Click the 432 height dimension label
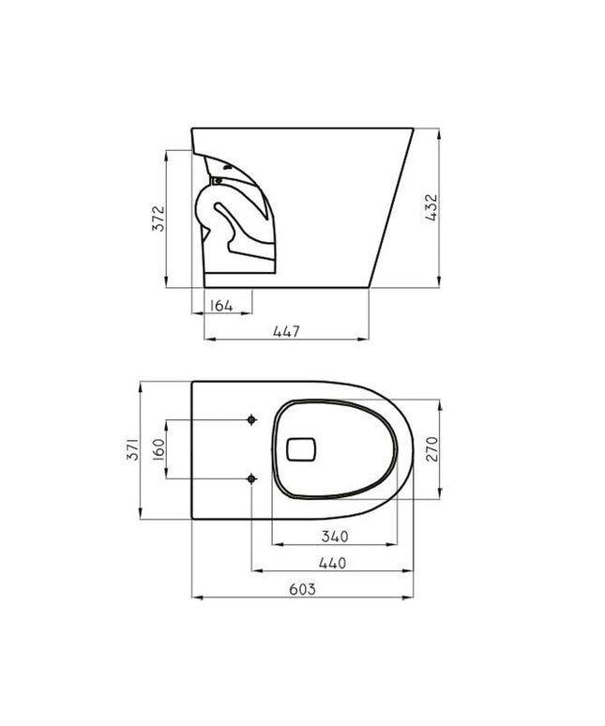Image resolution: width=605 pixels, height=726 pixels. pos(431,208)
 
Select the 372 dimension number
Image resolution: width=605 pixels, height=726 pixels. pos(158,219)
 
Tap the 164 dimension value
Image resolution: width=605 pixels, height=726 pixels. pos(221,306)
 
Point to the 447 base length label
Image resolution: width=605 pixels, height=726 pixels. pos(286,331)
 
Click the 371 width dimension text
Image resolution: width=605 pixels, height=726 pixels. pos(133,448)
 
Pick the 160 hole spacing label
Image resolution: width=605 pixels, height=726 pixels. pos(159,448)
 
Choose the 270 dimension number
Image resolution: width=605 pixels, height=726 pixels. pos(431,448)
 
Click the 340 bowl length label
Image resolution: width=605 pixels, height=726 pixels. pos(335,537)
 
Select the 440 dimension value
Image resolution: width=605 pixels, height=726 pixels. pos(332,563)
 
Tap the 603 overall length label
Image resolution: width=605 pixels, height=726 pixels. pos(302,589)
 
